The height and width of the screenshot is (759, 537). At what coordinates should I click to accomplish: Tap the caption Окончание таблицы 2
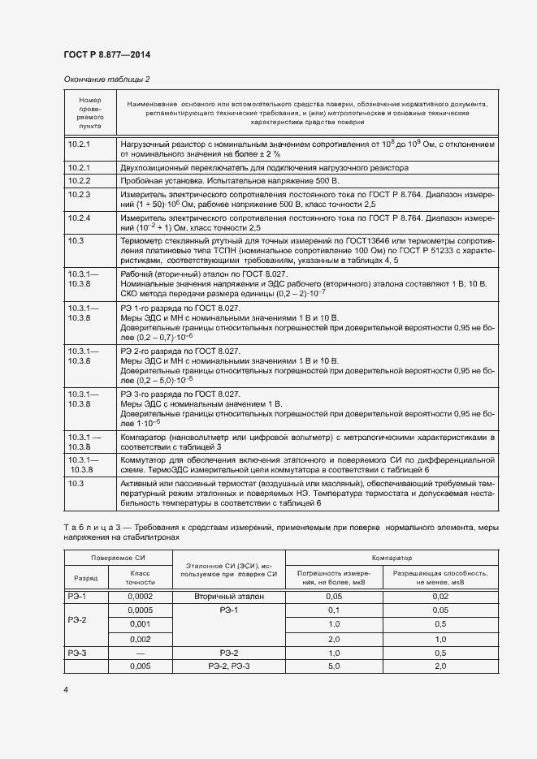coord(106,79)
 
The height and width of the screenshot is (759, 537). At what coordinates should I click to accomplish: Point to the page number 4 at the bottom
coord(67,690)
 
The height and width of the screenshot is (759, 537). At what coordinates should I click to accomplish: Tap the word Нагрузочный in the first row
coord(146,144)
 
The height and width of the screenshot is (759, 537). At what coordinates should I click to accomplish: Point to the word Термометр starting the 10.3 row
coord(143,242)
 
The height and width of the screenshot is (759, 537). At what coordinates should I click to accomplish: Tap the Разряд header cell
coord(86,579)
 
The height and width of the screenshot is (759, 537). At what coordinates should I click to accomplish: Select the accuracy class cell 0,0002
coord(141,596)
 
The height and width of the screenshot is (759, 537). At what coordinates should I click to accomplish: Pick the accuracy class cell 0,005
coord(141,666)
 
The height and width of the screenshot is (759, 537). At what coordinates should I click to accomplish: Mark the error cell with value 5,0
coord(333,666)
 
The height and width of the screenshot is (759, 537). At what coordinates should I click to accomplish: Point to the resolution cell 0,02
coord(440,596)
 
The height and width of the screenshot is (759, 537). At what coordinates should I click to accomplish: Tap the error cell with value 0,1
coord(333,610)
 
